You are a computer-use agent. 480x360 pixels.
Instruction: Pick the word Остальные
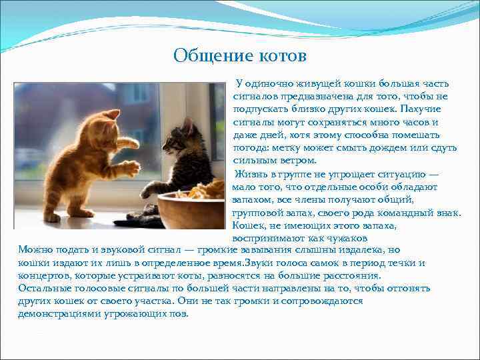[45, 289]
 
